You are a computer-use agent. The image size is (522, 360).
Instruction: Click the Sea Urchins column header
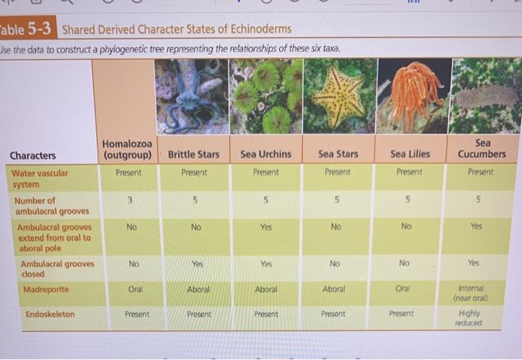point(265,154)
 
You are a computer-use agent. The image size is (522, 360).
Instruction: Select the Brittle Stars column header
point(194,154)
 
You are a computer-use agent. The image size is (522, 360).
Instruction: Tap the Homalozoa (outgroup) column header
point(127,149)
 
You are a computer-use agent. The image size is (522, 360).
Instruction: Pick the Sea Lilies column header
point(410,154)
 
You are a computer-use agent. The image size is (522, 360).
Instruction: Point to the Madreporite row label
point(45,289)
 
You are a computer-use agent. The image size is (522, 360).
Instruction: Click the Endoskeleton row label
point(50,315)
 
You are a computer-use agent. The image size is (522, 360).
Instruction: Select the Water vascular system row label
point(41,178)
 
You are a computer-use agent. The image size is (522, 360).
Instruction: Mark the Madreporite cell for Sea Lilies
point(403,288)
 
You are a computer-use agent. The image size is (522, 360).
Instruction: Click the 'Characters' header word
point(32,156)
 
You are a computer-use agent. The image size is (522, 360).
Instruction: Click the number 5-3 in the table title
point(42,30)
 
